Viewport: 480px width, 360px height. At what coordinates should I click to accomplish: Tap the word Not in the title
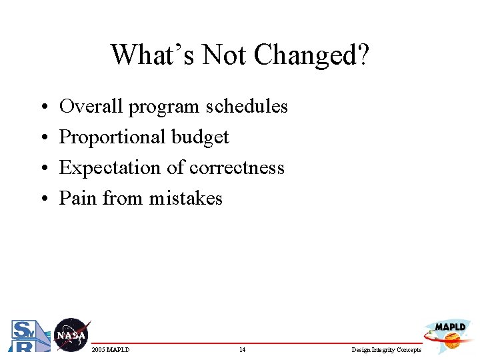229,55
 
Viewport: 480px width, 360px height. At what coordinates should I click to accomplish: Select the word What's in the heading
153,55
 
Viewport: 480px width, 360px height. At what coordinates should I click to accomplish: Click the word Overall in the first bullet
91,107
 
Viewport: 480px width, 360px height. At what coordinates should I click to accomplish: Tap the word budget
200,137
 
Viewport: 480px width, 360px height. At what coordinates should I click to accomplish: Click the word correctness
237,168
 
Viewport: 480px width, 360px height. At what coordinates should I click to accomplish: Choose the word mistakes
185,198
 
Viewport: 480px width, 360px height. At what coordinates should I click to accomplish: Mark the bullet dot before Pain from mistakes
42,199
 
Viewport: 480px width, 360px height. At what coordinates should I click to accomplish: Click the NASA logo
71,335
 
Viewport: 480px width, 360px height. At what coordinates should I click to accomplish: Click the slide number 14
242,350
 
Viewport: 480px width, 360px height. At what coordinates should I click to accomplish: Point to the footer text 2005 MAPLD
111,350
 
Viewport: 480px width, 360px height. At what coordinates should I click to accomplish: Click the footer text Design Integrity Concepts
386,350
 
